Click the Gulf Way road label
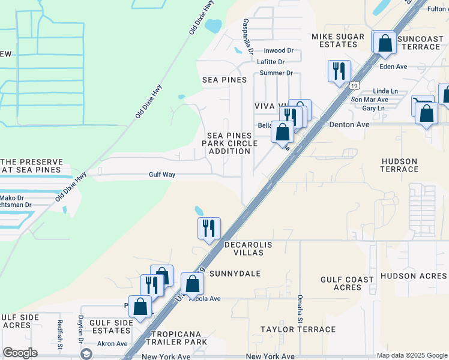[162, 175]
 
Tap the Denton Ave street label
[348, 125]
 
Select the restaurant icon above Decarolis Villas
[209, 228]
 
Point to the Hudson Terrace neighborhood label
[400, 165]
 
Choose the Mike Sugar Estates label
[338, 41]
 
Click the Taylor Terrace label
[298, 329]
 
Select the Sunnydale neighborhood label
[235, 274]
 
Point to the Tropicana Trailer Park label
[179, 337]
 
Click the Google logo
[20, 353]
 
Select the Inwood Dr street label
[279, 51]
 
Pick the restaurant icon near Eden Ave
[339, 71]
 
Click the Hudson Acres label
[414, 276]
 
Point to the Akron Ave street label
[113, 344]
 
